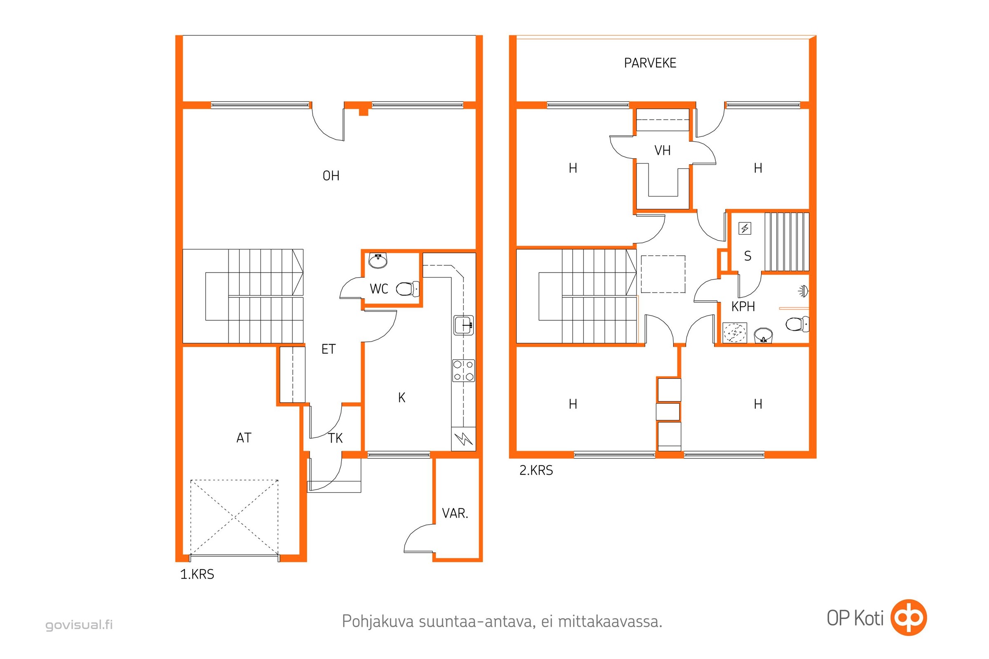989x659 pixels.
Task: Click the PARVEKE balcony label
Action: click(650, 63)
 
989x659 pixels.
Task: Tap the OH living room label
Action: click(331, 176)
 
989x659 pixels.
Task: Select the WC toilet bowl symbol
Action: click(408, 289)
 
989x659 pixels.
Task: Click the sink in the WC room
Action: click(377, 261)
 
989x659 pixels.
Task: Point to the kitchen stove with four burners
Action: click(463, 370)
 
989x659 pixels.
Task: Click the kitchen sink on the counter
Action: click(464, 325)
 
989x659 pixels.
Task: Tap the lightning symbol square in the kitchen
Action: click(463, 439)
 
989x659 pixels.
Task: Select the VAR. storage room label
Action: click(455, 513)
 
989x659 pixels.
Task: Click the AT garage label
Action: click(244, 438)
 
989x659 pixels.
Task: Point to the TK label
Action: click(335, 438)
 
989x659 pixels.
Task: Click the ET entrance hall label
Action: click(328, 349)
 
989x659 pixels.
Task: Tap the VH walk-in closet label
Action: click(662, 150)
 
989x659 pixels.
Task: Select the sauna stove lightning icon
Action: click(745, 228)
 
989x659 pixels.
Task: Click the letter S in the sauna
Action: click(747, 256)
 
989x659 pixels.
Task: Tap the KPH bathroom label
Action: click(743, 306)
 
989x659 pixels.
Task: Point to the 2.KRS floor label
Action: click(536, 470)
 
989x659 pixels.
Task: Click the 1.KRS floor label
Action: click(197, 574)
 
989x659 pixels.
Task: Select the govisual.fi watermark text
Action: click(79, 624)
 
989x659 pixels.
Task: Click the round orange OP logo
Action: click(909, 617)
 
